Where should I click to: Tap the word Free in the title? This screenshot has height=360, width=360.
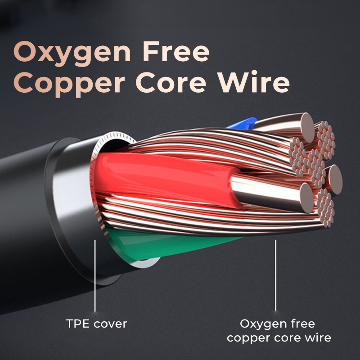(176, 51)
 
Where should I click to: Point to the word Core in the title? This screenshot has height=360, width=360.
(171, 82)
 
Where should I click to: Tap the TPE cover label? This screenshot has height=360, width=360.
(96, 324)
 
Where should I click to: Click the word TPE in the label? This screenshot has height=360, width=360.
(77, 324)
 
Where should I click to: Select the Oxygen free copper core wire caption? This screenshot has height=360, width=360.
(279, 331)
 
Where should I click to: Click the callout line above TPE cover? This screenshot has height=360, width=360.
(95, 275)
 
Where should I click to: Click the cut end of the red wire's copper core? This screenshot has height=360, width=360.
(306, 198)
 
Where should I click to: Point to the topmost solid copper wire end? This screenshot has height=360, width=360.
(308, 127)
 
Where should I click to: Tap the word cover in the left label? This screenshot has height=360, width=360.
(110, 324)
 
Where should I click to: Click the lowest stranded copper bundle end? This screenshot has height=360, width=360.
(325, 208)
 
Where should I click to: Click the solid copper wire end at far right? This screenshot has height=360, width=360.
(335, 180)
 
